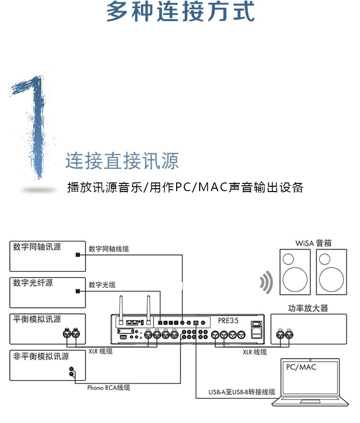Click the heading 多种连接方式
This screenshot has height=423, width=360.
pos(180,12)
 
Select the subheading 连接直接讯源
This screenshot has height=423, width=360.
pos(122,160)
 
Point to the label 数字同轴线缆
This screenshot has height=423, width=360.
pos(108,249)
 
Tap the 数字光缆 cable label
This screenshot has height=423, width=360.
pos(102,285)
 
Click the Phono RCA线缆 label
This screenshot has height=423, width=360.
pos(108,387)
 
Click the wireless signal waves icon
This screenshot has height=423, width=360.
pos(265,283)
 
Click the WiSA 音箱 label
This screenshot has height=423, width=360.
pos(313,243)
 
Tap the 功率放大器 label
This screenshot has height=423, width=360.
pos(308,308)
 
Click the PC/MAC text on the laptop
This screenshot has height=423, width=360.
pos(301,367)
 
